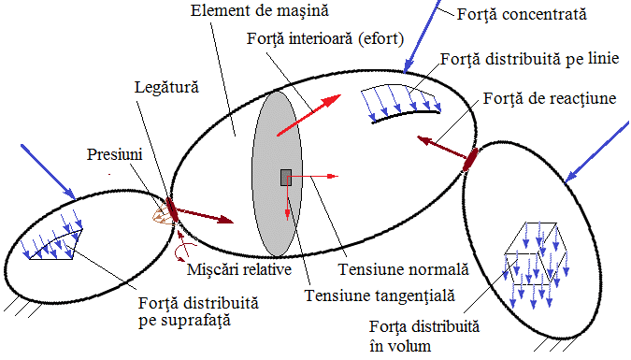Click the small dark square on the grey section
(x=285, y=177)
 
